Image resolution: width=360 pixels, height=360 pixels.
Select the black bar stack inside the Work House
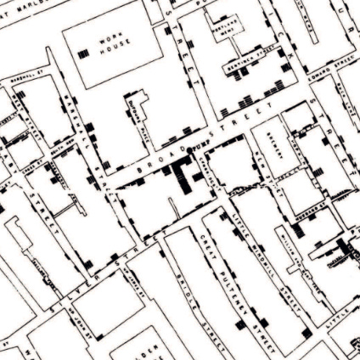83,53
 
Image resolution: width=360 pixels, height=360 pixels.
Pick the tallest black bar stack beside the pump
182,178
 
